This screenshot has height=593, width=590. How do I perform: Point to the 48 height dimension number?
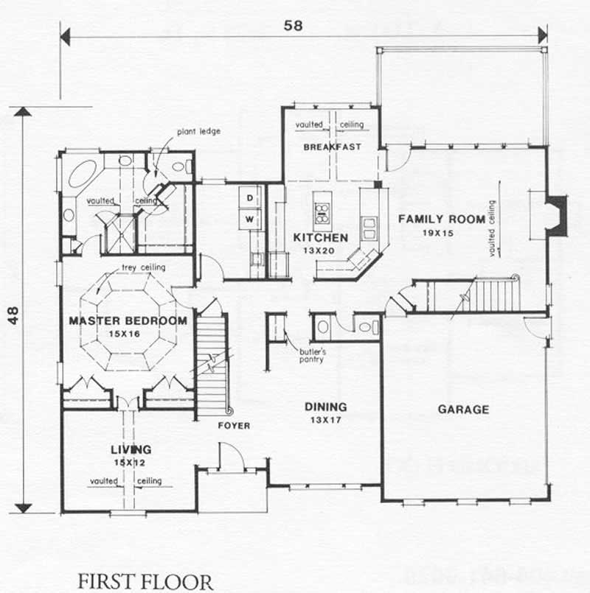click(13, 311)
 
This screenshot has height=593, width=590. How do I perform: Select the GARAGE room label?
click(463, 410)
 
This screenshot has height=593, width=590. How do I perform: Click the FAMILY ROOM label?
click(441, 219)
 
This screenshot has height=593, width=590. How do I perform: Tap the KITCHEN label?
click(321, 238)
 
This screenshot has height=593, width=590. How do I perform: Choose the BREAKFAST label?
click(332, 147)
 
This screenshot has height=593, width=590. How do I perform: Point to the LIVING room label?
click(131, 449)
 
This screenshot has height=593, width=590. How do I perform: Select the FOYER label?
click(233, 426)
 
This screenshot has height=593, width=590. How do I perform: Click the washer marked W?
click(249, 219)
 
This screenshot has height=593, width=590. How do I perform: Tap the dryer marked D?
click(249, 198)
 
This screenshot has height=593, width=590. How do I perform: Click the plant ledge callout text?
click(198, 132)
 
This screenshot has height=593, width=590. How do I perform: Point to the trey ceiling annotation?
click(144, 267)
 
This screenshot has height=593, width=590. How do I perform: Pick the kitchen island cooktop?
click(322, 213)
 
